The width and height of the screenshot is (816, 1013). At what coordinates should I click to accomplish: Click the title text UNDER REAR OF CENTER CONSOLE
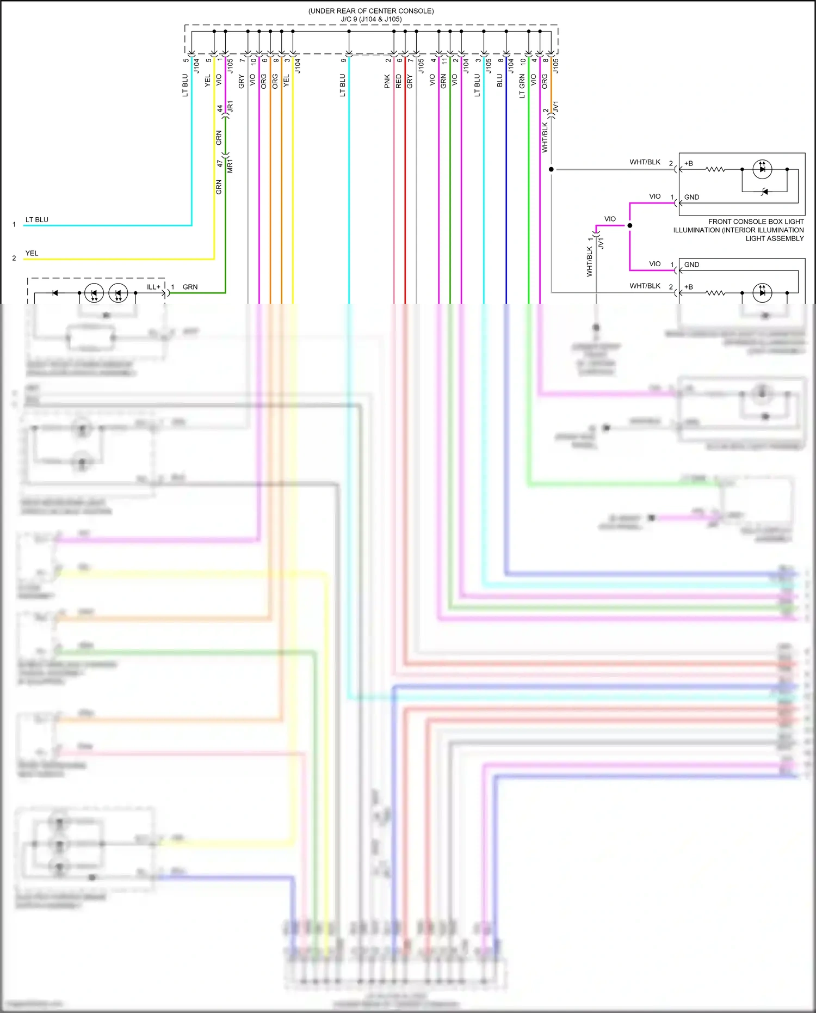tap(371, 11)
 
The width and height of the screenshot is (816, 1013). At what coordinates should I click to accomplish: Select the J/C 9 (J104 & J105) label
tap(371, 19)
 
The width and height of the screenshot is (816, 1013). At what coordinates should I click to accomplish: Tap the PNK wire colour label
tap(387, 81)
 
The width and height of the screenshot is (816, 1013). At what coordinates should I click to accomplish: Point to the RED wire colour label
tap(399, 81)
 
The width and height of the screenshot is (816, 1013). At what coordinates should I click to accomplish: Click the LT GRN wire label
tap(522, 86)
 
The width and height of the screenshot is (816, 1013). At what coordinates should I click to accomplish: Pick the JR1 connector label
tap(231, 107)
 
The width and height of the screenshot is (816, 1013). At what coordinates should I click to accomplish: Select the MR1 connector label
tap(231, 167)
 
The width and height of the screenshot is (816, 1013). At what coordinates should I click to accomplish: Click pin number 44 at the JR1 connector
tap(220, 109)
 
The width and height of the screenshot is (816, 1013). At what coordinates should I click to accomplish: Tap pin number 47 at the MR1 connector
tap(220, 163)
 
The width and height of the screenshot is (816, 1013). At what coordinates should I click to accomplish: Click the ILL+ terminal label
tap(154, 287)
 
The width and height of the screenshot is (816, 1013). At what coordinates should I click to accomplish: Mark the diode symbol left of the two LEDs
tap(55, 293)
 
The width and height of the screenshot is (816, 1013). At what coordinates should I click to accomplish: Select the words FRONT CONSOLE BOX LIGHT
tap(756, 222)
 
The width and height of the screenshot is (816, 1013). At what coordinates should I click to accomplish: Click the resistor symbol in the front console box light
tap(715, 169)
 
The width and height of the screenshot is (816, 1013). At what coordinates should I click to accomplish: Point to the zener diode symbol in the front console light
tap(764, 192)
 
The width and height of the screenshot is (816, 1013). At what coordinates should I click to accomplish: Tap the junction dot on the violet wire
tap(630, 225)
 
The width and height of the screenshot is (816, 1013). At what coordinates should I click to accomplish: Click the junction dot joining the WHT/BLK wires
tap(551, 169)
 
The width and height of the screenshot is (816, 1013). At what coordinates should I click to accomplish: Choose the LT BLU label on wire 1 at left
tap(37, 220)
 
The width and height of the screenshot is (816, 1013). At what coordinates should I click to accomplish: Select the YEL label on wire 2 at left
tap(32, 253)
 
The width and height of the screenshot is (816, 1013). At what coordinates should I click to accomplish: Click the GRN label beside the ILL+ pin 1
tap(190, 287)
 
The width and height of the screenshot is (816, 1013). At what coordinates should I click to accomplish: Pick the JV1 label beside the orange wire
tap(556, 107)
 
